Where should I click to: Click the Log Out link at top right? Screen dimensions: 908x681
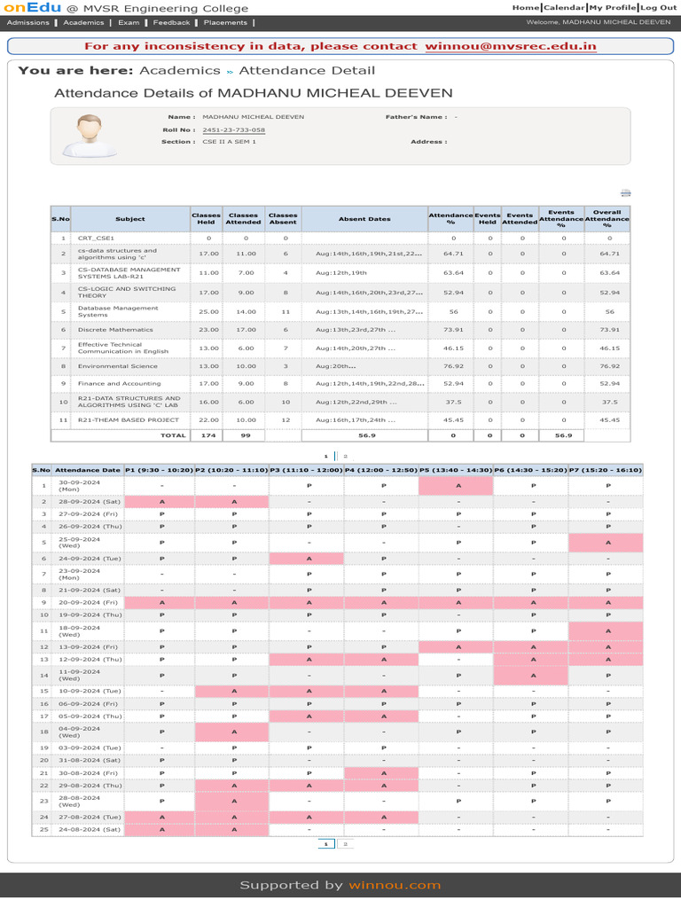659,7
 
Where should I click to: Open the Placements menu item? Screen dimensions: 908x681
225,22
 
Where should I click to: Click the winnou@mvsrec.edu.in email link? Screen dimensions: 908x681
510,46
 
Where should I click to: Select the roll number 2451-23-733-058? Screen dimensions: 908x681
233,130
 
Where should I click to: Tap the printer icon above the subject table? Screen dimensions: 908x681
625,193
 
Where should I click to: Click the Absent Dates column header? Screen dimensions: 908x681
364,219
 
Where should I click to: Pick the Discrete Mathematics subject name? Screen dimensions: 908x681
115,329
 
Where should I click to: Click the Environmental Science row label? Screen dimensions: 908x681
117,365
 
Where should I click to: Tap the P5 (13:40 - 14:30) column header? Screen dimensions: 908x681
455,470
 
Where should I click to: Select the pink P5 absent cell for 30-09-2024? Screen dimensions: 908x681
455,485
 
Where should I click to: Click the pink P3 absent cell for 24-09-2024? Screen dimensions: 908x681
306,559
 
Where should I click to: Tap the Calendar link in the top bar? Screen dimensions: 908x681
563,7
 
